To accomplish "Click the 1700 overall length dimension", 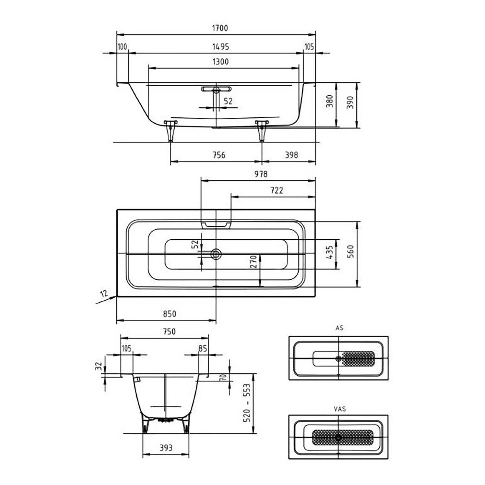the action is point(220,28).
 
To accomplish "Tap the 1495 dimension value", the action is point(221,47).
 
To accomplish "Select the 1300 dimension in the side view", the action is point(221,62).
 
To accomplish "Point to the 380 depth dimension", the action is point(329,101).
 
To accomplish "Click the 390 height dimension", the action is point(350,102).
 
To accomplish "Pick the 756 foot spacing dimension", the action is point(219,155).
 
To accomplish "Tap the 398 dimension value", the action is point(291,155).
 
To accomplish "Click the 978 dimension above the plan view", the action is point(261,174).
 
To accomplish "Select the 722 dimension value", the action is point(277,191).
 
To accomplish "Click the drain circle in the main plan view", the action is point(216,254).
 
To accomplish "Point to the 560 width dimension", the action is point(350,252).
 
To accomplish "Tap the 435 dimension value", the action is point(329,252).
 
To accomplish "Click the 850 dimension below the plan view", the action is point(169,314).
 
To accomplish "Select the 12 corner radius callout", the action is point(104,294).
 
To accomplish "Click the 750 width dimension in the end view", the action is point(169,332).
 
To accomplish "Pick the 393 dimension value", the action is point(166,448).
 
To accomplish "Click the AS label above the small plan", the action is point(339,328).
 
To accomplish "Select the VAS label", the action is point(340,409).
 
